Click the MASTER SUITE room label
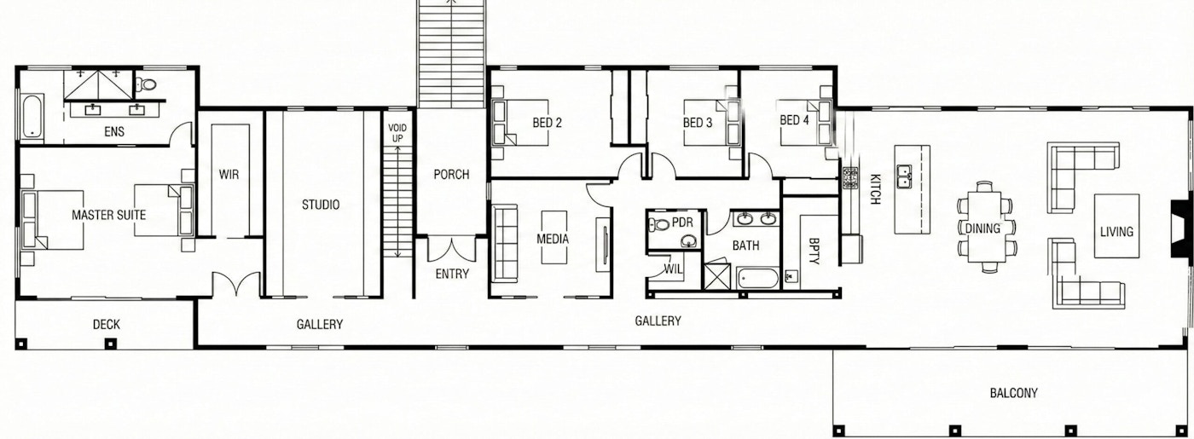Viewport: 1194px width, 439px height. click(109, 215)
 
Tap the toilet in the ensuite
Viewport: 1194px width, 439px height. click(146, 84)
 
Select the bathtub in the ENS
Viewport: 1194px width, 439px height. click(32, 118)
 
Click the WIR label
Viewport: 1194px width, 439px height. click(229, 174)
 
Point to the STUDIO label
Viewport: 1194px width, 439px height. click(321, 205)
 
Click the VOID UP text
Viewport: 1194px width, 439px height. click(397, 133)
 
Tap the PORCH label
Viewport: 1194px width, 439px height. click(451, 174)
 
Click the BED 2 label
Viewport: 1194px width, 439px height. click(547, 123)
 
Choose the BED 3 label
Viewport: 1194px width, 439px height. click(698, 123)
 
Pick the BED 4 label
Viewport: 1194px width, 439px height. click(794, 120)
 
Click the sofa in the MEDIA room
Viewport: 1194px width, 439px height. click(505, 243)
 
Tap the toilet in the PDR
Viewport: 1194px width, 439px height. click(658, 224)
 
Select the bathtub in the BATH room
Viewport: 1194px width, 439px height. click(759, 279)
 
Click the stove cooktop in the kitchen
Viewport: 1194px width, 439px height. click(850, 177)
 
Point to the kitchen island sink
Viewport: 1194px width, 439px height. click(903, 176)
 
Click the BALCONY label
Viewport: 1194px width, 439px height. click(1013, 393)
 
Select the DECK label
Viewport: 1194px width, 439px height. click(106, 325)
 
